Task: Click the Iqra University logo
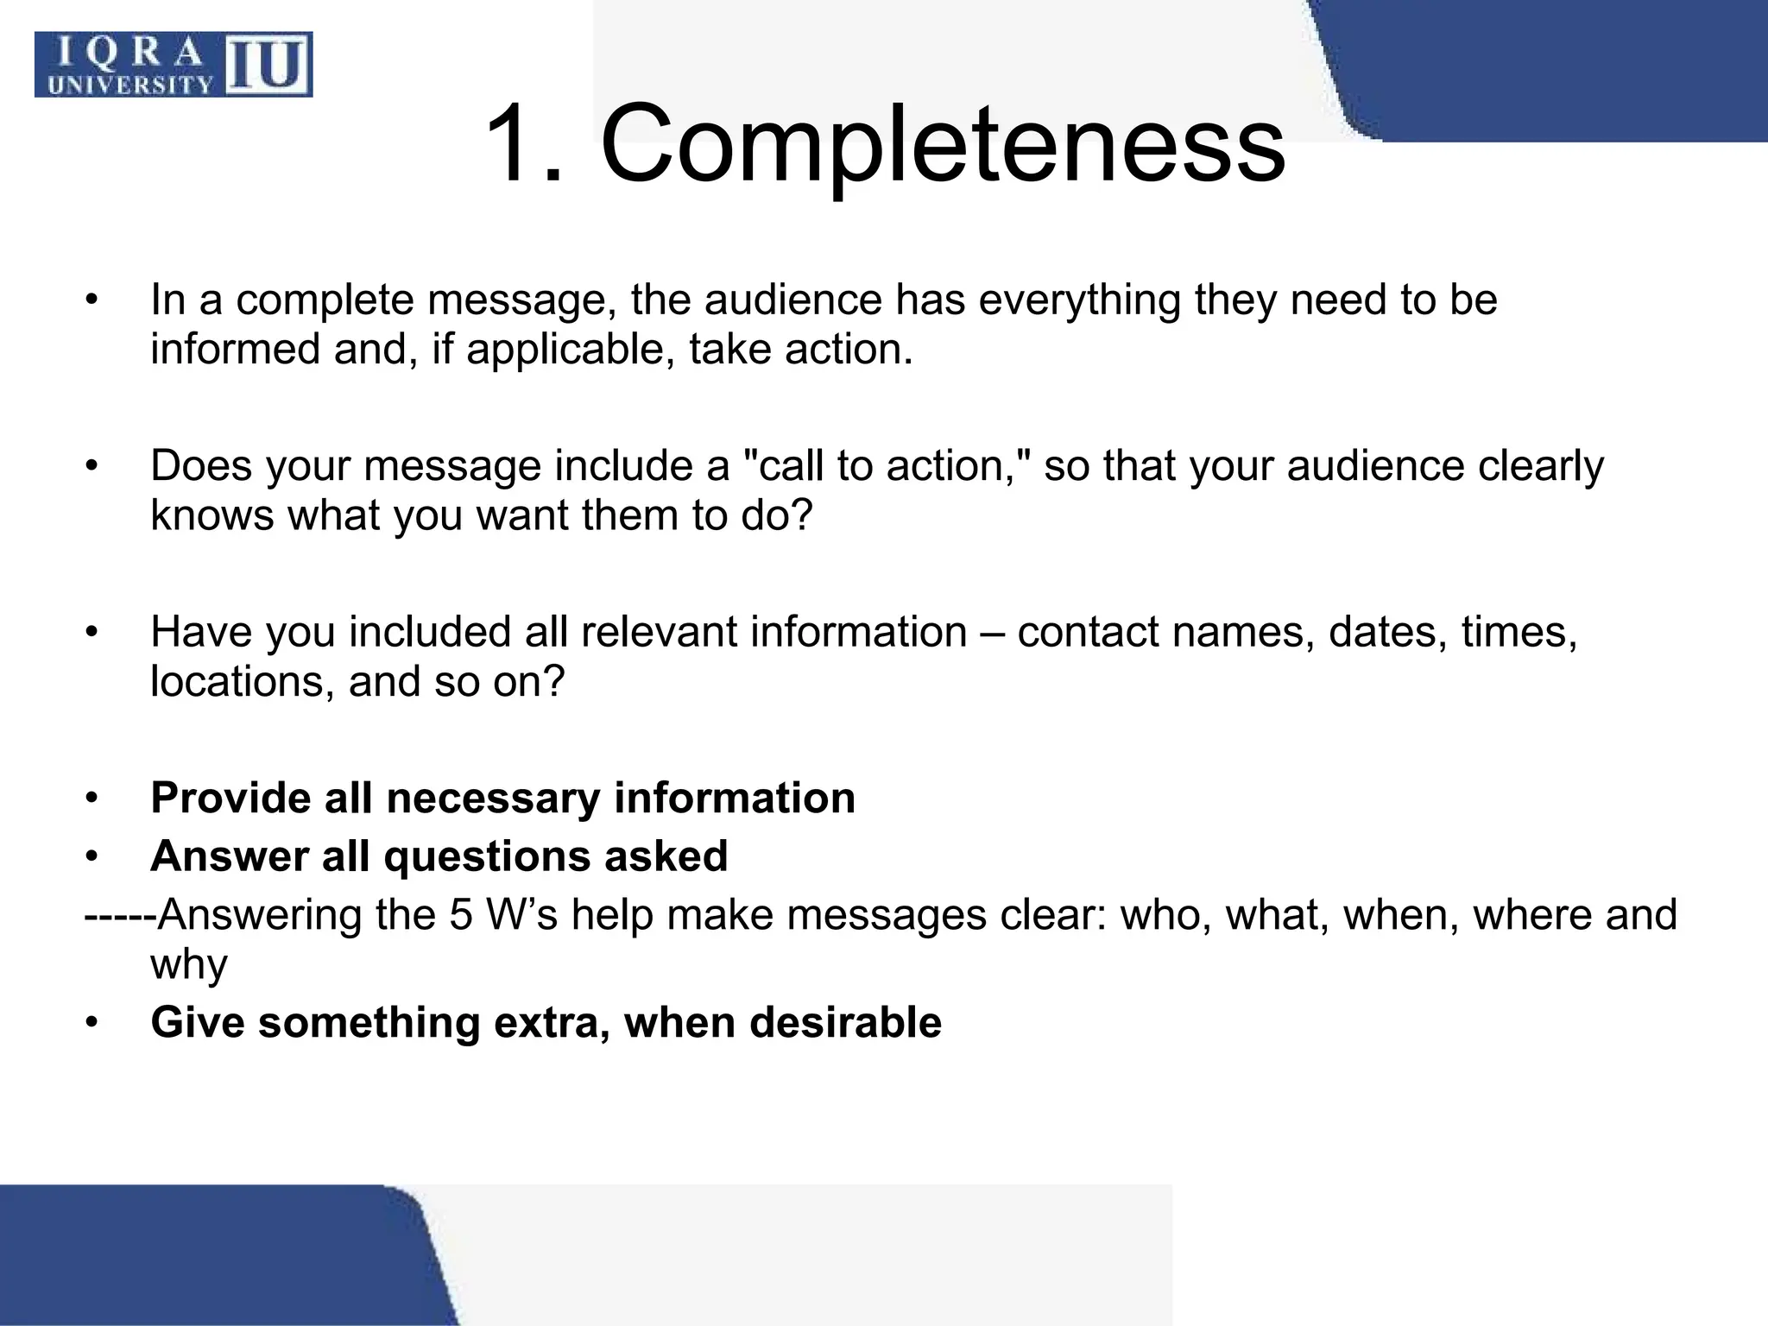(x=174, y=65)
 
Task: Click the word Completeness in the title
(x=942, y=144)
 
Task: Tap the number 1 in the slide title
(x=516, y=144)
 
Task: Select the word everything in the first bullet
(x=1079, y=300)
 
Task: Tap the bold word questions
(x=487, y=856)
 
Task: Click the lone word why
(x=189, y=964)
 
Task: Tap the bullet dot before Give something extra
(x=92, y=1024)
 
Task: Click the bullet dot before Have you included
(x=92, y=633)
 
